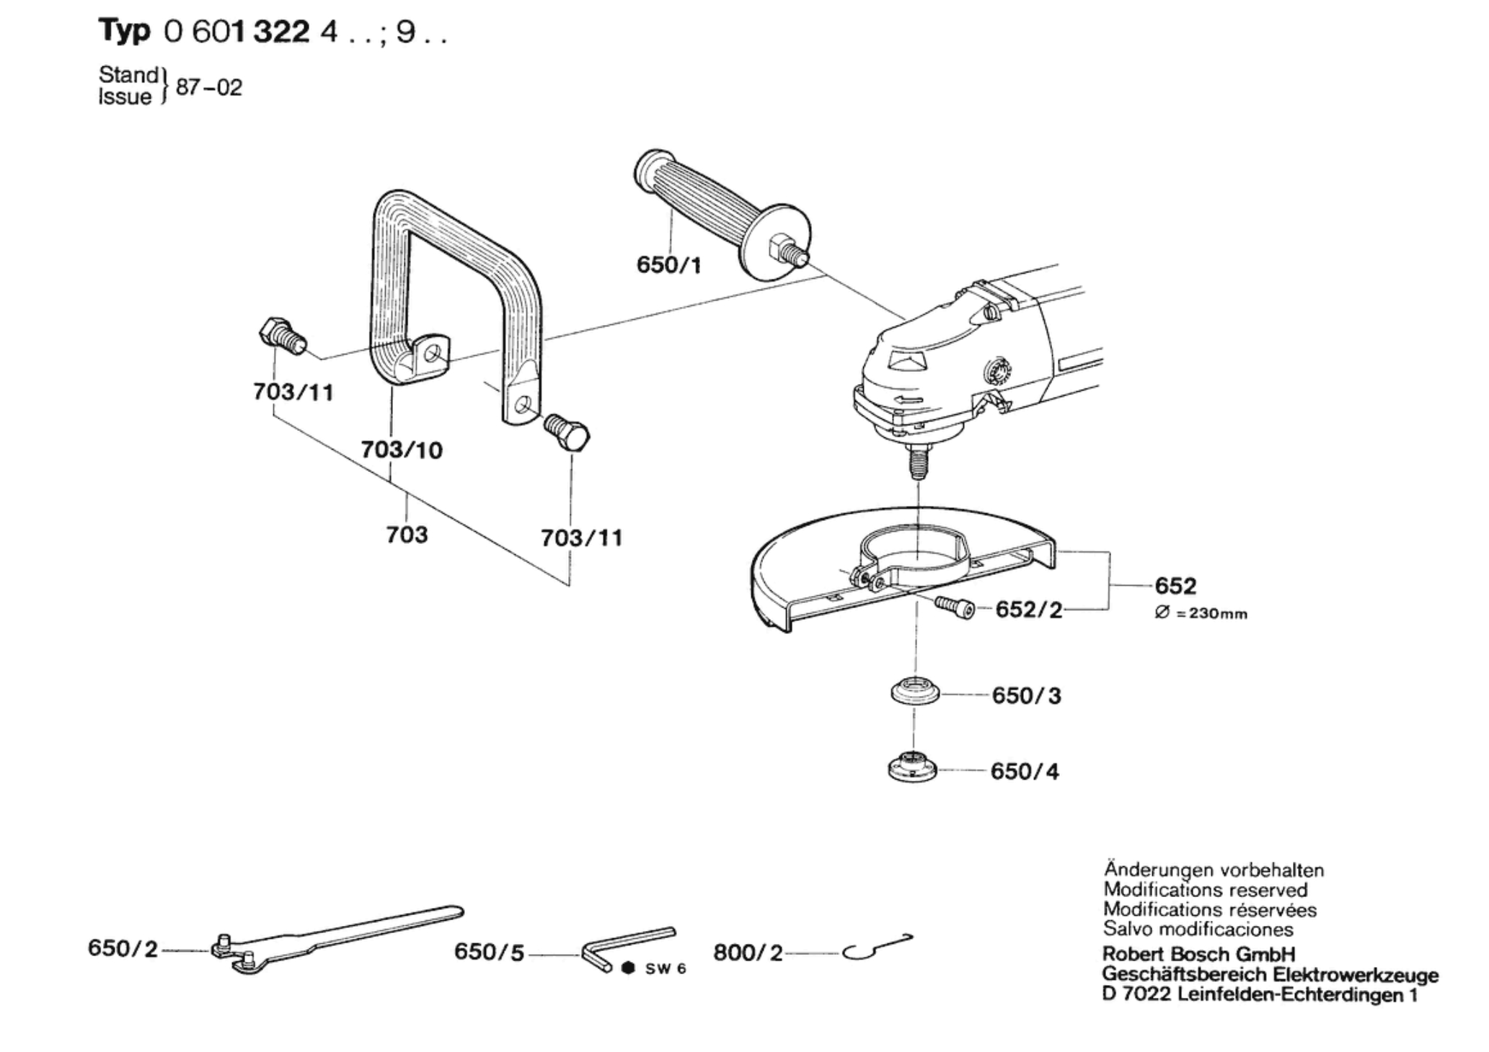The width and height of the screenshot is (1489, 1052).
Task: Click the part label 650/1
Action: point(668,265)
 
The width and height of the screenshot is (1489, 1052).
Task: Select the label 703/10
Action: point(402,450)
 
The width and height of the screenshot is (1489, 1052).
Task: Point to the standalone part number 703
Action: point(407,535)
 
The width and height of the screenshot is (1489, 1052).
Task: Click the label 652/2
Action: point(1029,610)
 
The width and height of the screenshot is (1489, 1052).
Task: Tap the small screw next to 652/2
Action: point(955,607)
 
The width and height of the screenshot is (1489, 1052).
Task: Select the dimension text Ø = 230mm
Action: point(1201,614)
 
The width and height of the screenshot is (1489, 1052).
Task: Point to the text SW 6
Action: point(666,969)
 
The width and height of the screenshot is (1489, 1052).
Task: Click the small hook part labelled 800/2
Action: point(876,947)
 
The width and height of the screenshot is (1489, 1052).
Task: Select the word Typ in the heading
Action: point(124,32)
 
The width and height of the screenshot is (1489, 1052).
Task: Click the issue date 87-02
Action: point(209,88)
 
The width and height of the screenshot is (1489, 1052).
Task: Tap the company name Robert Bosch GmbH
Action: point(1198,954)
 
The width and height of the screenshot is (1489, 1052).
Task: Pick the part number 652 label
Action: point(1175,586)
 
